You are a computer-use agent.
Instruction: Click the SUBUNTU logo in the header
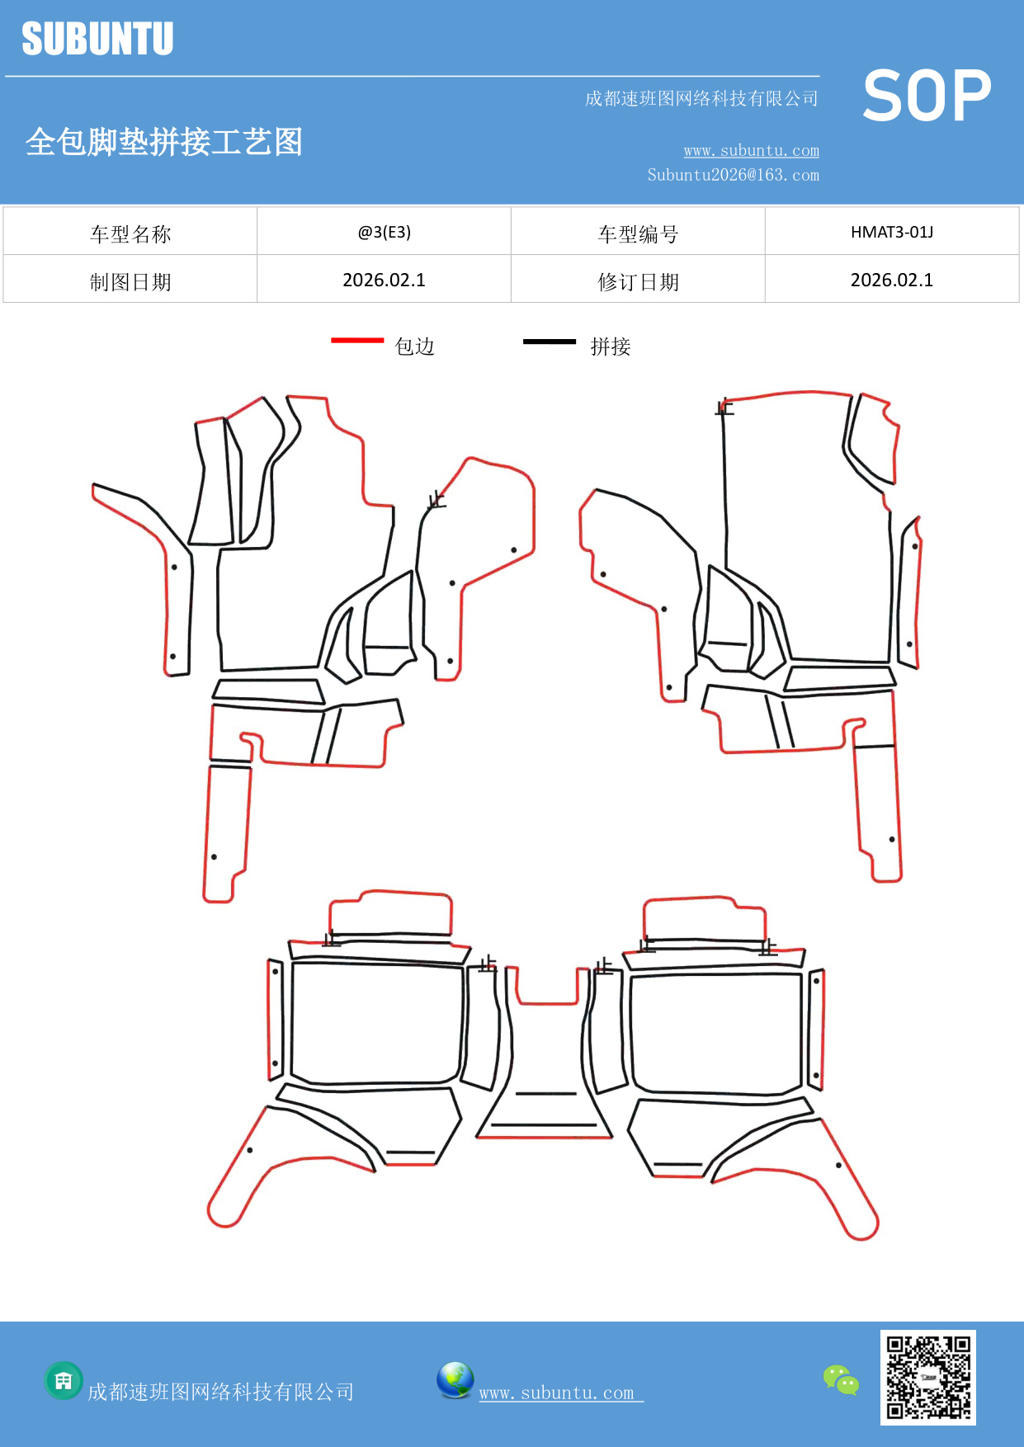pos(97,39)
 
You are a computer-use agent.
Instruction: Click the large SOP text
pos(926,97)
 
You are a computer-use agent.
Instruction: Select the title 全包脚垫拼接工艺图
pos(164,142)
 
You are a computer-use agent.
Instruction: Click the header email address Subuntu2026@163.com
pos(733,175)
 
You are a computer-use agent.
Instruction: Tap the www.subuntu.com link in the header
pos(751,151)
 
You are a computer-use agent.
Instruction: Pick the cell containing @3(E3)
pos(384,232)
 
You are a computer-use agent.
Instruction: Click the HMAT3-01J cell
pos(891,232)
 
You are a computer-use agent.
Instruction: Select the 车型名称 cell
pos(130,233)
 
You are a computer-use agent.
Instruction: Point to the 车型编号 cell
pos(638,233)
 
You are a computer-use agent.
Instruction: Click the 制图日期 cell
pos(130,281)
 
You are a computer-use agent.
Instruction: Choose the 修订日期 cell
pos(638,281)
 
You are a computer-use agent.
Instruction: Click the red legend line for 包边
pos(357,340)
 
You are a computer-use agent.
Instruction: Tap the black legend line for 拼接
pos(549,341)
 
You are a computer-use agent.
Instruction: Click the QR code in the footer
pos(927,1377)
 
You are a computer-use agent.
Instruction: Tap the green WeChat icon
pos(841,1379)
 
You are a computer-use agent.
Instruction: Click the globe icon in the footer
pos(455,1379)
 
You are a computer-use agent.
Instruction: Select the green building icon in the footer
pos(64,1380)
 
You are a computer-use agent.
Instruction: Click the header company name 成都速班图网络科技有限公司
pos(701,99)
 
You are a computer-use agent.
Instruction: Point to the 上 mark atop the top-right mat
pos(724,407)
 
